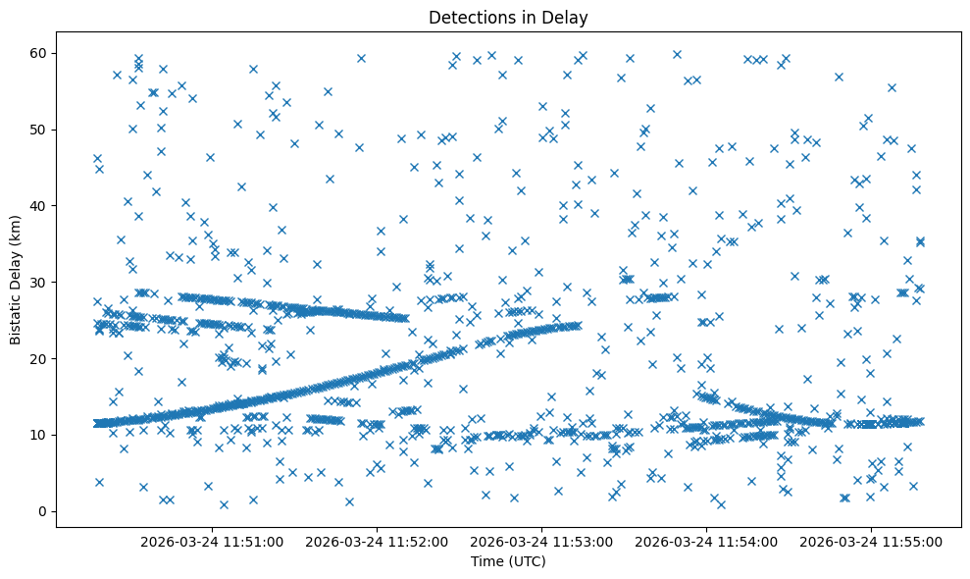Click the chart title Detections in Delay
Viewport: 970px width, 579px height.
[508, 17]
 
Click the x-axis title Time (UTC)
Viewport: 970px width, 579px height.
[508, 562]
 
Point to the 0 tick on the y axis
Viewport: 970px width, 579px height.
[44, 511]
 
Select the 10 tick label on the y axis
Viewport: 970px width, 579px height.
[40, 435]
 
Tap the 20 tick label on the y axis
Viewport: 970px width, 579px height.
[40, 358]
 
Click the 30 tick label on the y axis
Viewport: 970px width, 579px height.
[40, 283]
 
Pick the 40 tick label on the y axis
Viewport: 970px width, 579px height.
[40, 206]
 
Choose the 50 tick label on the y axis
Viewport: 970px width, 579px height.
[40, 130]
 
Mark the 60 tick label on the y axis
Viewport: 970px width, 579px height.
[40, 53]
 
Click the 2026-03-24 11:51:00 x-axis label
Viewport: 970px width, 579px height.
[212, 541]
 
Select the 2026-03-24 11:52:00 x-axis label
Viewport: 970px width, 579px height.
[377, 541]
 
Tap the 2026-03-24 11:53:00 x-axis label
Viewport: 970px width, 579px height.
[541, 541]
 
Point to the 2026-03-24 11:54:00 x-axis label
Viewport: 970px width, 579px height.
[706, 541]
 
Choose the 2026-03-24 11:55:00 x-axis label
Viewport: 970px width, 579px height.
[871, 541]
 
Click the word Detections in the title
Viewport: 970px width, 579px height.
[470, 17]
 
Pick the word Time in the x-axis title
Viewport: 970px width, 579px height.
[486, 562]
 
